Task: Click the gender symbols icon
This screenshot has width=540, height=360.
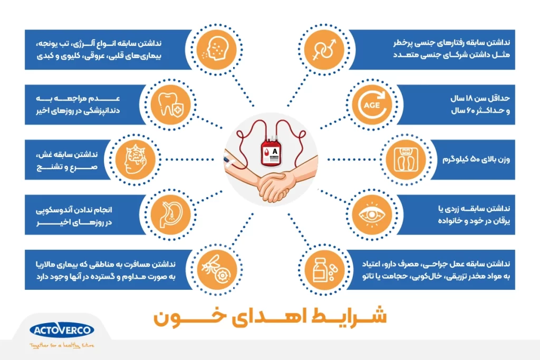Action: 324,50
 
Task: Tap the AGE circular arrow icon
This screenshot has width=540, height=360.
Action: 372,105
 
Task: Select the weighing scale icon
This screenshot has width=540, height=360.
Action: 406,159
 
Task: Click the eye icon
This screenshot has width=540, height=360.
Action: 372,215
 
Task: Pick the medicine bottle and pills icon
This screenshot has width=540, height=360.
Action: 325,270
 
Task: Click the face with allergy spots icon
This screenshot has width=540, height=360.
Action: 216,49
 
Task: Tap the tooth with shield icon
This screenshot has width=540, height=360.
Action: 170,105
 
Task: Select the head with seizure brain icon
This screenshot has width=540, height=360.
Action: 136,159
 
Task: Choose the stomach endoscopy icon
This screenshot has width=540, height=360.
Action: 170,215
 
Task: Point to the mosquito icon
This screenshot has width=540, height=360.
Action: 216,269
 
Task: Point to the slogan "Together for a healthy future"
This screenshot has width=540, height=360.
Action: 62,345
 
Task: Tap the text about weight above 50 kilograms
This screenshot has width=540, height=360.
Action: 476,160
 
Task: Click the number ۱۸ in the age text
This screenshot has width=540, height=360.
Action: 469,99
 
